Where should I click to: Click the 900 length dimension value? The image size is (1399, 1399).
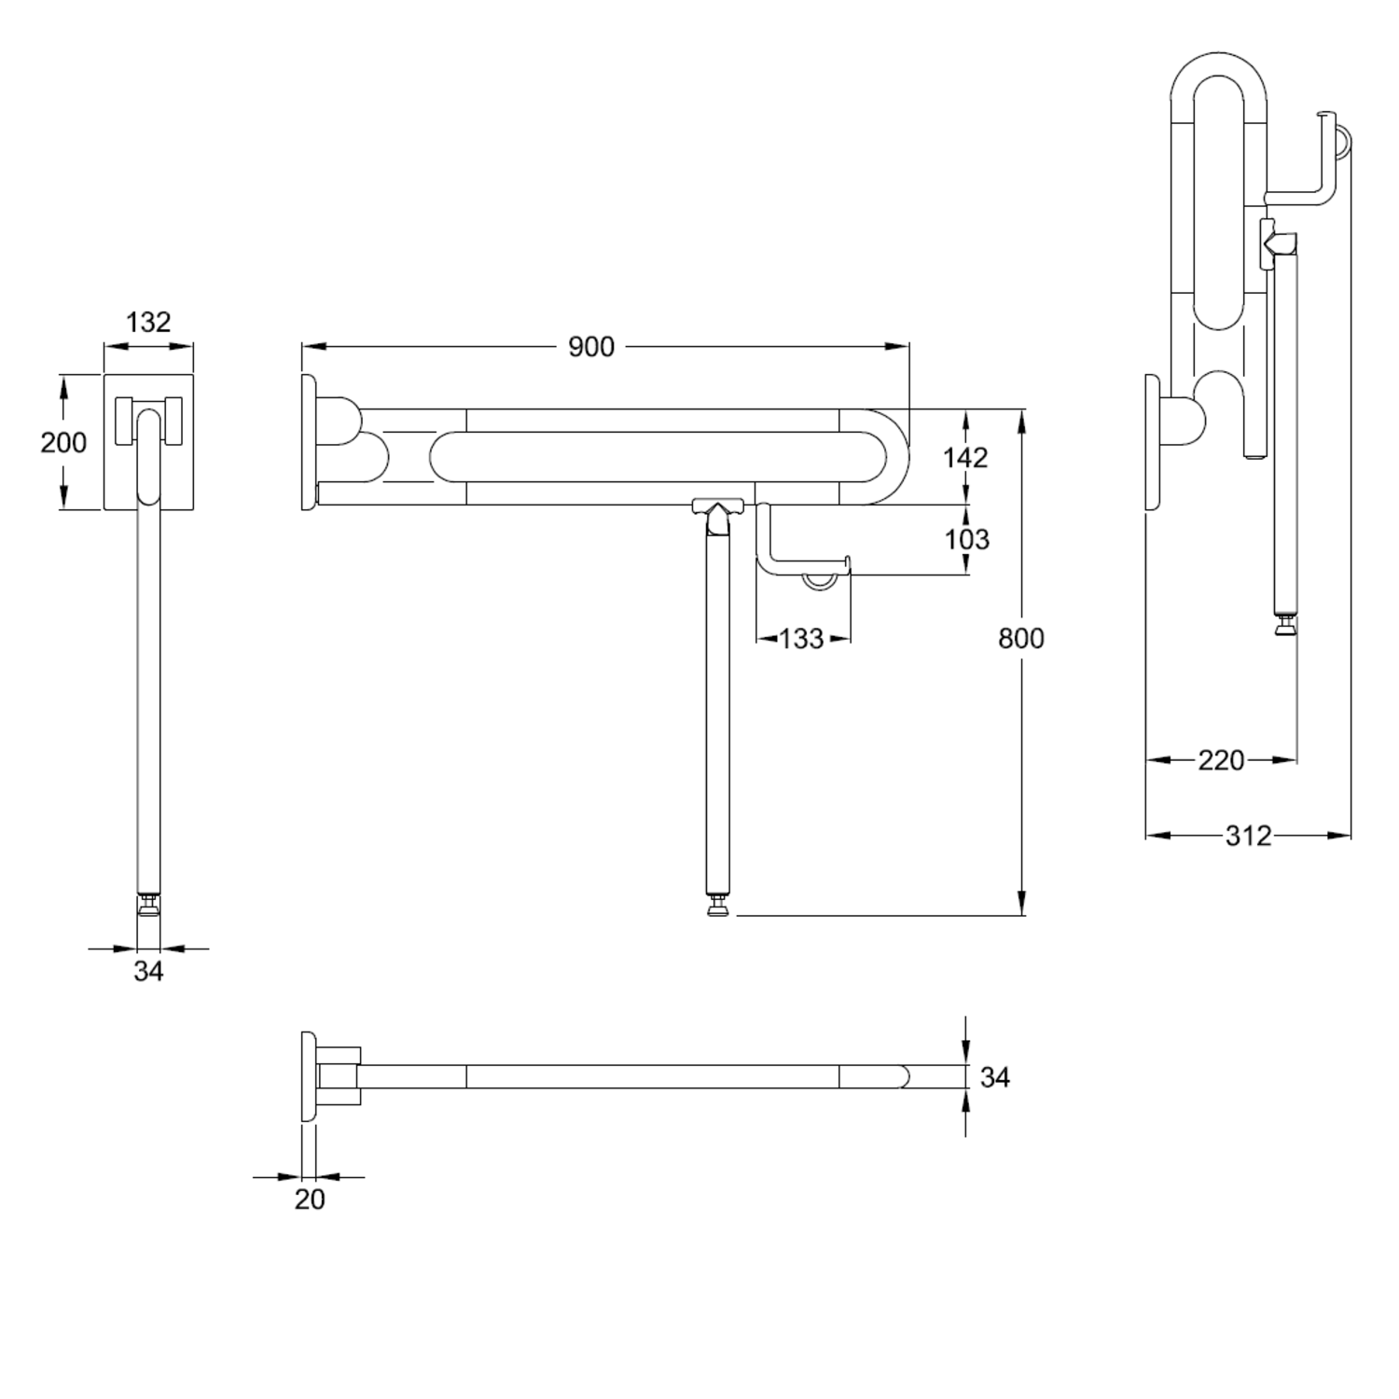[x=591, y=347]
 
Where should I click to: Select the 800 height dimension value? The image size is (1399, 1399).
[x=1021, y=639]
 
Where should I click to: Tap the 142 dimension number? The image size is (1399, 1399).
[x=965, y=457]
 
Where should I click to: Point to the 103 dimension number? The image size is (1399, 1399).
[x=966, y=539]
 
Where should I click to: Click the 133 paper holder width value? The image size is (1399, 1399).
[x=802, y=639]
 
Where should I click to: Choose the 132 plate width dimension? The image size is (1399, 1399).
[x=148, y=322]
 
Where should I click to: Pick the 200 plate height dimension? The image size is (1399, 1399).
[x=63, y=442]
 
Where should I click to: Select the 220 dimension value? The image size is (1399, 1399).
[x=1221, y=761]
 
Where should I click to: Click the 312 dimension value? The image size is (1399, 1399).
[x=1248, y=836]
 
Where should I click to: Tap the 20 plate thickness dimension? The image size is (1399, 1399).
[x=310, y=1199]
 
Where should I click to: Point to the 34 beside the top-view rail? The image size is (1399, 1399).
[x=995, y=1077]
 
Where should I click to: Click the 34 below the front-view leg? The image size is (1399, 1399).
[x=148, y=972]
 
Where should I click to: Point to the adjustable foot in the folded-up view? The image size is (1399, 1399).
[x=1285, y=622]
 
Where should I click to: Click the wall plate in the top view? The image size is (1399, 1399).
[x=309, y=1076]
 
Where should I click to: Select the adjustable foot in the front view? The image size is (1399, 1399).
[x=148, y=904]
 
